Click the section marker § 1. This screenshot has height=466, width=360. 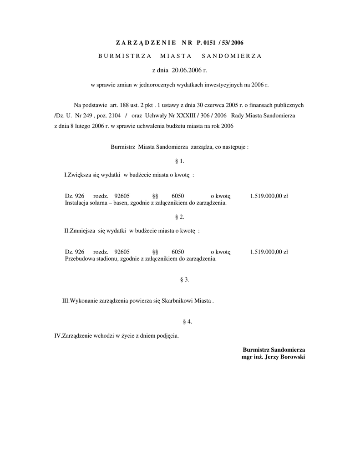click(x=179, y=161)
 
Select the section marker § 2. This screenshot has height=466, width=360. click(x=179, y=217)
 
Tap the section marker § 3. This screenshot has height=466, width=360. click(x=184, y=279)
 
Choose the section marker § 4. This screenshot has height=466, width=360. click(x=187, y=322)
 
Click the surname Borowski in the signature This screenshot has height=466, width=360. click(x=289, y=357)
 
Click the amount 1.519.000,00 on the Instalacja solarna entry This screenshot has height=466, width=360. click(x=265, y=196)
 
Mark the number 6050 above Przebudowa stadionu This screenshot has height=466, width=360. click(x=178, y=252)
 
